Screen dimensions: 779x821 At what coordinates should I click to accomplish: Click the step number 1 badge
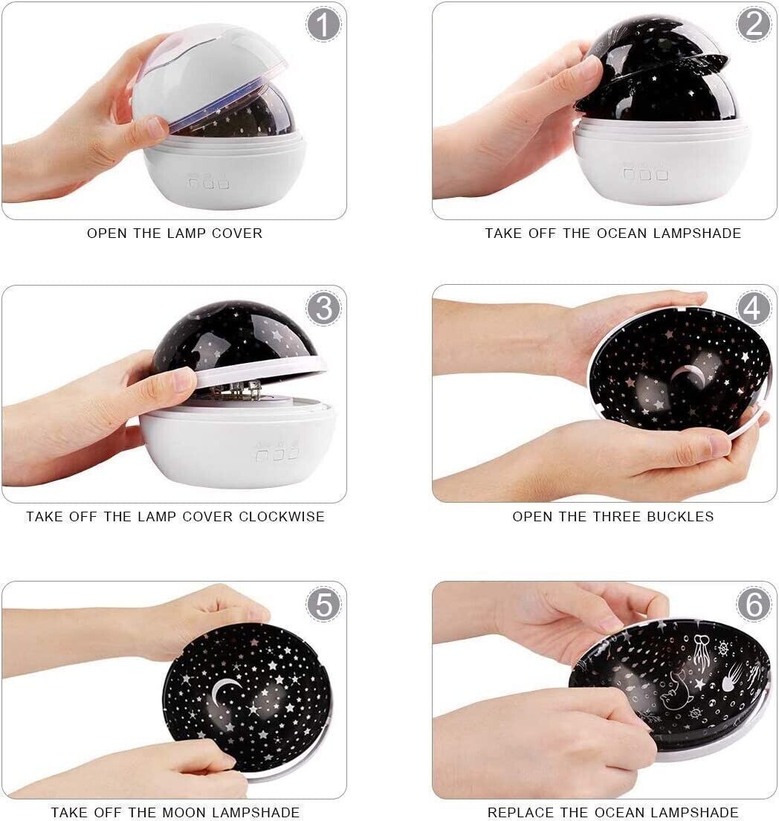point(323,24)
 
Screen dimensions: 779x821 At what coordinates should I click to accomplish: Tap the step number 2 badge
point(753,24)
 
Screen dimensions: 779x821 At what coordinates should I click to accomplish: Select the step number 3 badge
point(323,308)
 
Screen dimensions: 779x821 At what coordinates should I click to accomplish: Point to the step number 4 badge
point(753,308)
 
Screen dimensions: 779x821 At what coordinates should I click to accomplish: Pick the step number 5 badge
point(323,604)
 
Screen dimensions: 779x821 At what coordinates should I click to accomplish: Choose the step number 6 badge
point(753,604)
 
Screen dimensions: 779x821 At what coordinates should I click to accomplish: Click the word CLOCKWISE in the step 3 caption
point(282,517)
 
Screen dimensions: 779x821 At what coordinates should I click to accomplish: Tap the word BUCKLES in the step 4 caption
point(680,517)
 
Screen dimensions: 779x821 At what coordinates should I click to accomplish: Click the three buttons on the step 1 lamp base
point(208,183)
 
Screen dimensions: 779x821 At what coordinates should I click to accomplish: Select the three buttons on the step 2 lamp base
point(645,174)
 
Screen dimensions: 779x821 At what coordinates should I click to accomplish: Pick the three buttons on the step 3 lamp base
point(278,452)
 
